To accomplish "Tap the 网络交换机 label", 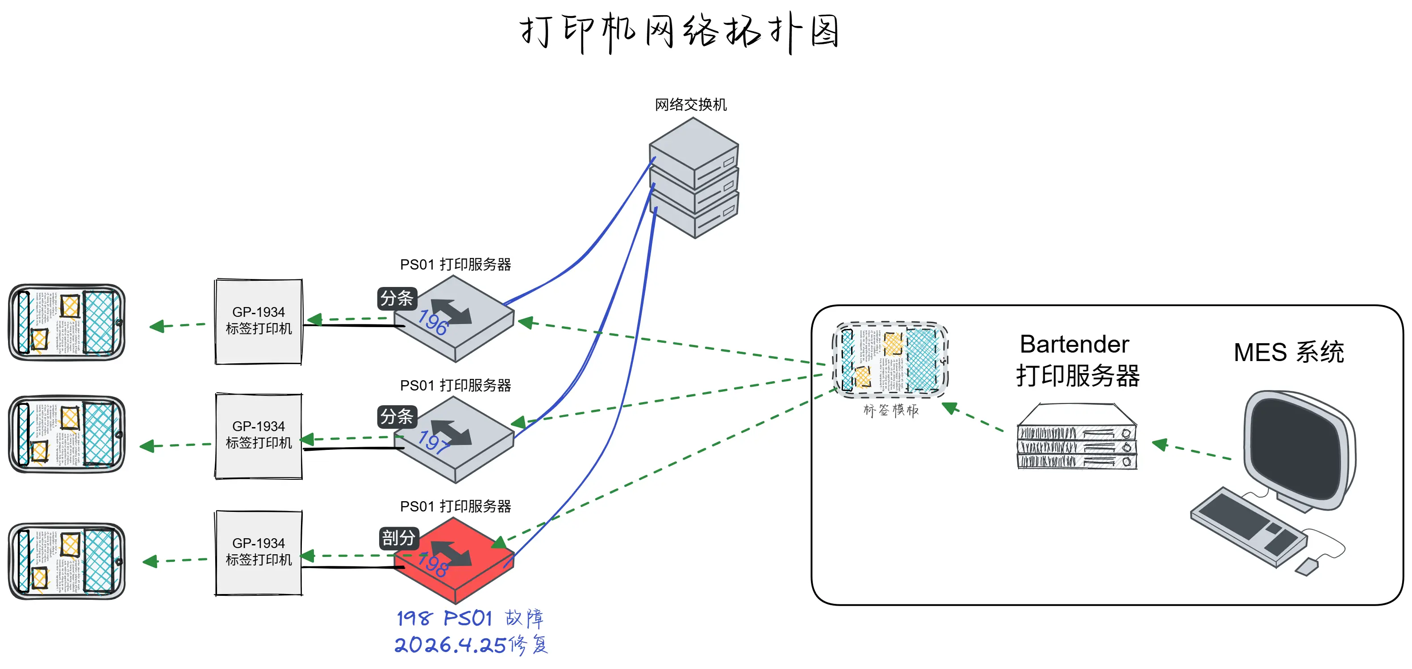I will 691,104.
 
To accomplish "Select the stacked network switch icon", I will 694,178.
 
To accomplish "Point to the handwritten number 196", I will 433,322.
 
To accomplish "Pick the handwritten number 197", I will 434,442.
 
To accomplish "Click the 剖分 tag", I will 398,538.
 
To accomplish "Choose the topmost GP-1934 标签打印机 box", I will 259,321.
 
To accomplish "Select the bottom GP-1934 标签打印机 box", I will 259,553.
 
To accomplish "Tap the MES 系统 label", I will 1288,352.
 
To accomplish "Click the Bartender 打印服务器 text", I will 1077,360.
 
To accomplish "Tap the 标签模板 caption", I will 891,411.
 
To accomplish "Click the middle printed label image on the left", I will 67,434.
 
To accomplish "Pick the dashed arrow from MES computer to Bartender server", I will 1192,450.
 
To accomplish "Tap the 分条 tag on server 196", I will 397,299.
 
